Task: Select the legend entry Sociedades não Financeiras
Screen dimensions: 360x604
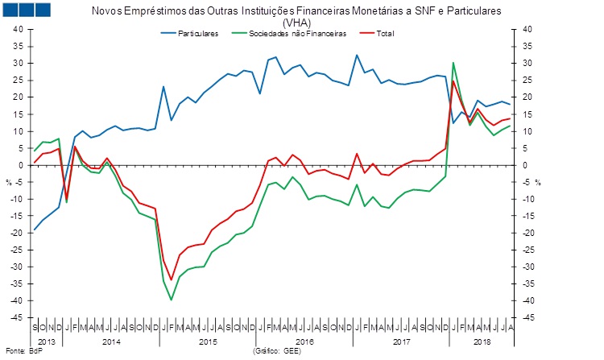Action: pyautogui.click(x=297, y=34)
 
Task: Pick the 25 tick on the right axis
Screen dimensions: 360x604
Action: pyautogui.click(x=528, y=80)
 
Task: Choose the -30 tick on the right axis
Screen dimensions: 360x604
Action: pyautogui.click(x=529, y=267)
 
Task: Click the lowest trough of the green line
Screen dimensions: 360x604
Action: pyautogui.click(x=171, y=300)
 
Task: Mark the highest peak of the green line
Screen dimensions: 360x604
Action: pyautogui.click(x=453, y=62)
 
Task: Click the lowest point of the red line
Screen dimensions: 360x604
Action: pyautogui.click(x=171, y=279)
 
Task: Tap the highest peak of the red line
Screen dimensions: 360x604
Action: pyautogui.click(x=453, y=81)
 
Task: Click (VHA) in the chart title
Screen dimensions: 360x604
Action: pyautogui.click(x=296, y=23)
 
